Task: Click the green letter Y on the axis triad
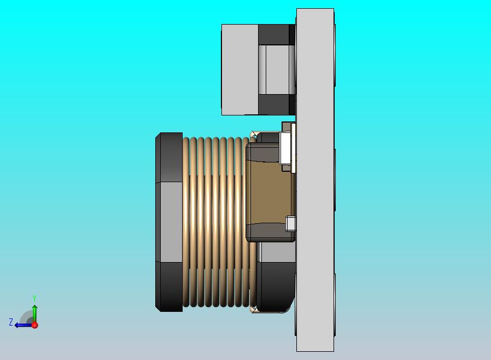(x=34, y=298)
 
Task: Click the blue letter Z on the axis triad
(x=10, y=322)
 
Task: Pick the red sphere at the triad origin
(x=34, y=325)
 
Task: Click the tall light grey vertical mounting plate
(x=315, y=181)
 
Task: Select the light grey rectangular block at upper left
(x=239, y=69)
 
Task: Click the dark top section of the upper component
(x=273, y=34)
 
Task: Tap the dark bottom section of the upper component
(x=273, y=104)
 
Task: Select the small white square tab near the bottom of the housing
(x=291, y=223)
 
